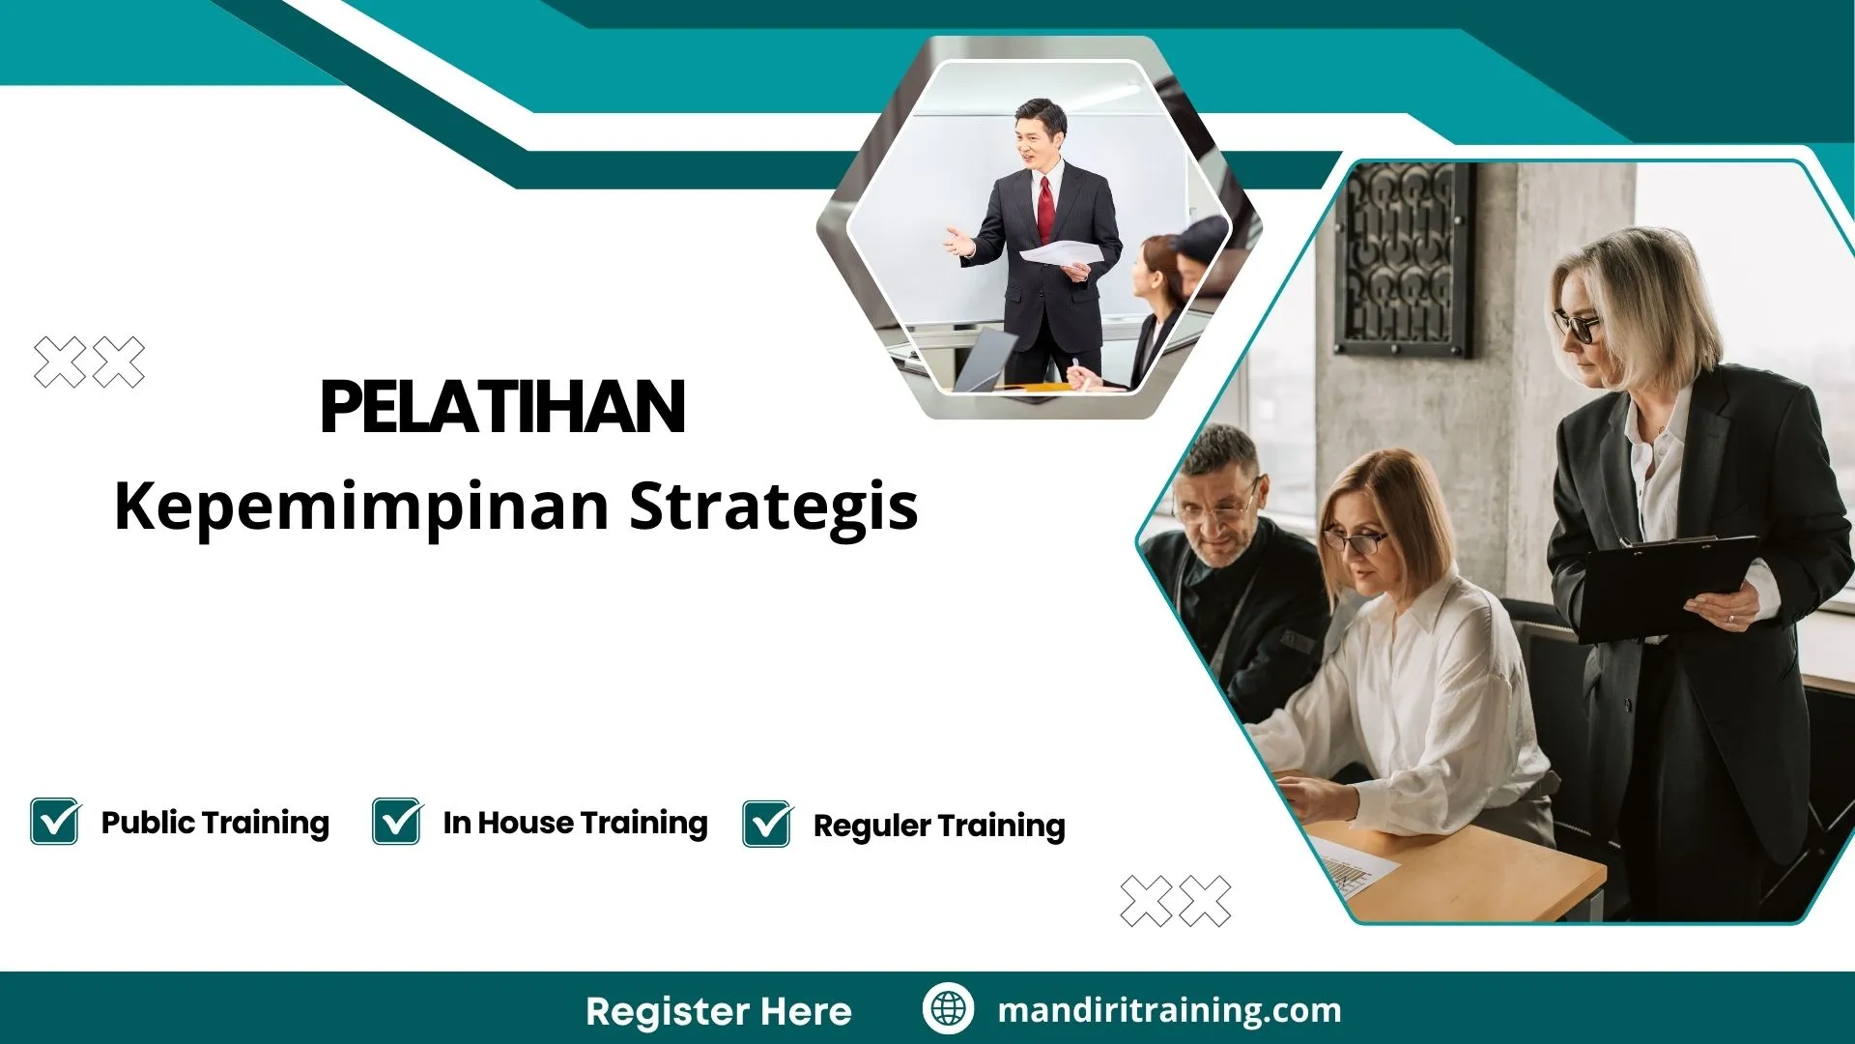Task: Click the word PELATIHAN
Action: point(502,407)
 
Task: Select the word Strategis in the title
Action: point(773,507)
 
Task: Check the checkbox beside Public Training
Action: point(55,822)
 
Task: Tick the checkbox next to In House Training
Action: point(397,822)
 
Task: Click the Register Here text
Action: point(718,1011)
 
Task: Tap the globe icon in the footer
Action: point(948,1008)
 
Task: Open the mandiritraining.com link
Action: point(1169,1010)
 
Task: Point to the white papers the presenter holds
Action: point(1061,254)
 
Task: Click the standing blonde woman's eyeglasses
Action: point(1577,326)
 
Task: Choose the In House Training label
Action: point(575,823)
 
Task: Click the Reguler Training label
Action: point(939,826)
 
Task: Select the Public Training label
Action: point(214,823)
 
